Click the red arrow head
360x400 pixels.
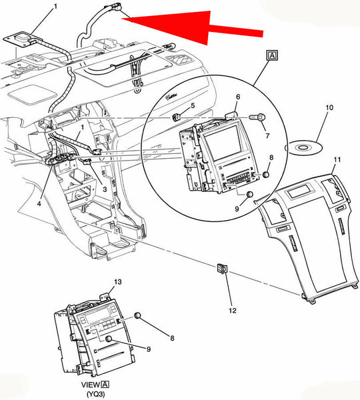click(179, 25)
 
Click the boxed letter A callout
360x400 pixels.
click(272, 55)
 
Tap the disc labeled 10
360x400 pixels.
click(303, 147)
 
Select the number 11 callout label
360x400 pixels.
click(337, 160)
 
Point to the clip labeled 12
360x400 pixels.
click(222, 269)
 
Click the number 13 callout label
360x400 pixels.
click(117, 282)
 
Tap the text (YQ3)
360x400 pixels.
click(96, 394)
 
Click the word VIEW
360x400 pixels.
click(91, 385)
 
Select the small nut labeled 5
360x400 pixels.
click(176, 117)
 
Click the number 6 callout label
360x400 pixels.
click(238, 97)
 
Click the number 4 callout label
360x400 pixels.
click(39, 203)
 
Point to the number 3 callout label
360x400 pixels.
click(105, 189)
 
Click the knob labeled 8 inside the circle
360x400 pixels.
click(265, 174)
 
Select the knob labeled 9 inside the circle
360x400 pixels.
click(249, 195)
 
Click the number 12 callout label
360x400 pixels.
click(233, 311)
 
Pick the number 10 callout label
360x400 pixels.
click(329, 107)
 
